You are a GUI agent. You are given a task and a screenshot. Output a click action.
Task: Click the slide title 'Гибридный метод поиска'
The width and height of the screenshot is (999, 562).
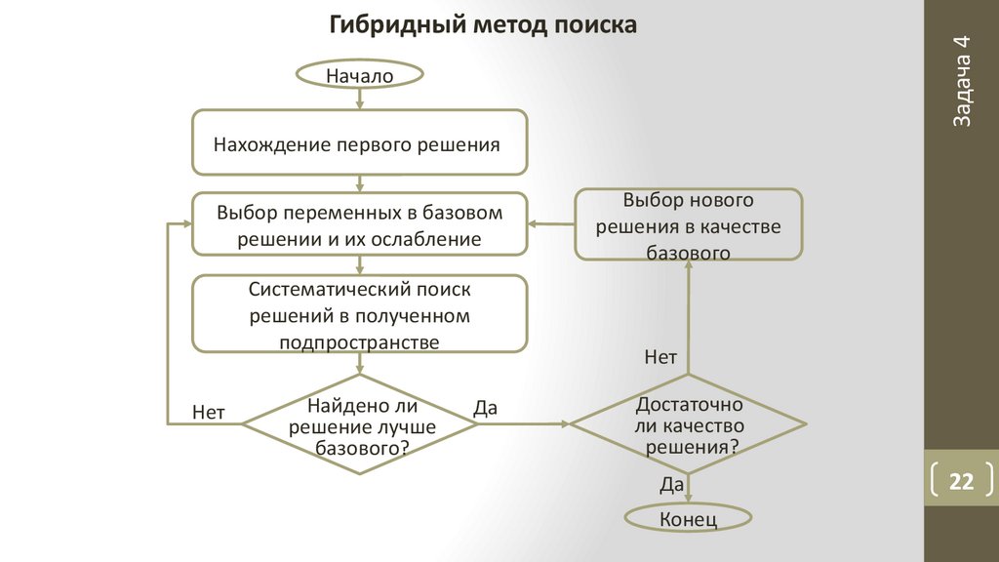click(x=483, y=24)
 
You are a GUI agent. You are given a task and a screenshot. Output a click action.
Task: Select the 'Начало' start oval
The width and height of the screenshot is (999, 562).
click(x=360, y=74)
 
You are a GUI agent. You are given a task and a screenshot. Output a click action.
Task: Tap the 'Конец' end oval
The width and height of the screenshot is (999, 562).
click(x=688, y=518)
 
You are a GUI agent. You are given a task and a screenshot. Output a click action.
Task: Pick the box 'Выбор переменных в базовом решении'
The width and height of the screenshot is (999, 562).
click(x=360, y=224)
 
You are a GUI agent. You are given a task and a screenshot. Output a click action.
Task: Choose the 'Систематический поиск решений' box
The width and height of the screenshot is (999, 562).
click(x=360, y=314)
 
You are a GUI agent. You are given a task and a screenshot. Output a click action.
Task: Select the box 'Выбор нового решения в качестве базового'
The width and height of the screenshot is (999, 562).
click(x=688, y=225)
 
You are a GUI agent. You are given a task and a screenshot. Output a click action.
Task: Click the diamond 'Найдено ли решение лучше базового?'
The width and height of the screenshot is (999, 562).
click(x=360, y=424)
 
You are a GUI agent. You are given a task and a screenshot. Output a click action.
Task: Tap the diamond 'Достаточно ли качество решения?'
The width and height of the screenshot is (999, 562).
click(x=688, y=425)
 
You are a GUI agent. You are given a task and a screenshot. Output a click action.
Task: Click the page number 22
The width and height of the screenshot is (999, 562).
click(x=962, y=482)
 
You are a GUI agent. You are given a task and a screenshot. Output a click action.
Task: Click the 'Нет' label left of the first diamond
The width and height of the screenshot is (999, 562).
click(x=209, y=412)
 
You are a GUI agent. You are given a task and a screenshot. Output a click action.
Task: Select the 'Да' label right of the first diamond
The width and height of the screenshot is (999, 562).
click(x=485, y=409)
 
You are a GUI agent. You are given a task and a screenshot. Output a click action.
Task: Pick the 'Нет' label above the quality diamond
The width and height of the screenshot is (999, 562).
click(x=660, y=358)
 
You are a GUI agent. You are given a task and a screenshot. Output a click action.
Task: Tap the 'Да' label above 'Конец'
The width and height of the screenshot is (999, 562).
click(x=671, y=485)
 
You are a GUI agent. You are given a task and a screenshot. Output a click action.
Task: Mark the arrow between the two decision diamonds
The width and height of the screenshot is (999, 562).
click(x=524, y=424)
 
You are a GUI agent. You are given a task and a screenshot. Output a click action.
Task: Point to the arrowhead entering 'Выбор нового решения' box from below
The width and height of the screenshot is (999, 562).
click(x=688, y=267)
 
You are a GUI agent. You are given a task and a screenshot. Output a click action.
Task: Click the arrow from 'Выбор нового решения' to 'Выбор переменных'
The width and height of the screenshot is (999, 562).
click(x=551, y=224)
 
